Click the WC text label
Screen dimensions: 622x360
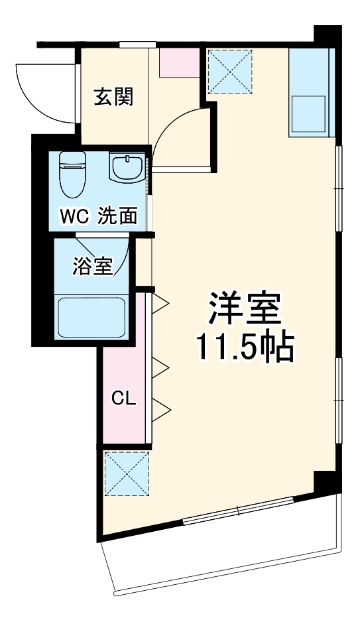click(x=76, y=216)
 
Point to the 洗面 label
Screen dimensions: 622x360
click(x=119, y=216)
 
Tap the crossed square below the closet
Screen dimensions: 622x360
click(x=127, y=473)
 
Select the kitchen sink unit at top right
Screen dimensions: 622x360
click(x=310, y=93)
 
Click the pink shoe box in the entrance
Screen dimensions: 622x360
click(x=180, y=62)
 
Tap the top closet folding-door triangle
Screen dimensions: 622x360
click(x=162, y=304)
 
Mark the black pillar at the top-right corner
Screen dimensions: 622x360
click(x=326, y=36)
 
